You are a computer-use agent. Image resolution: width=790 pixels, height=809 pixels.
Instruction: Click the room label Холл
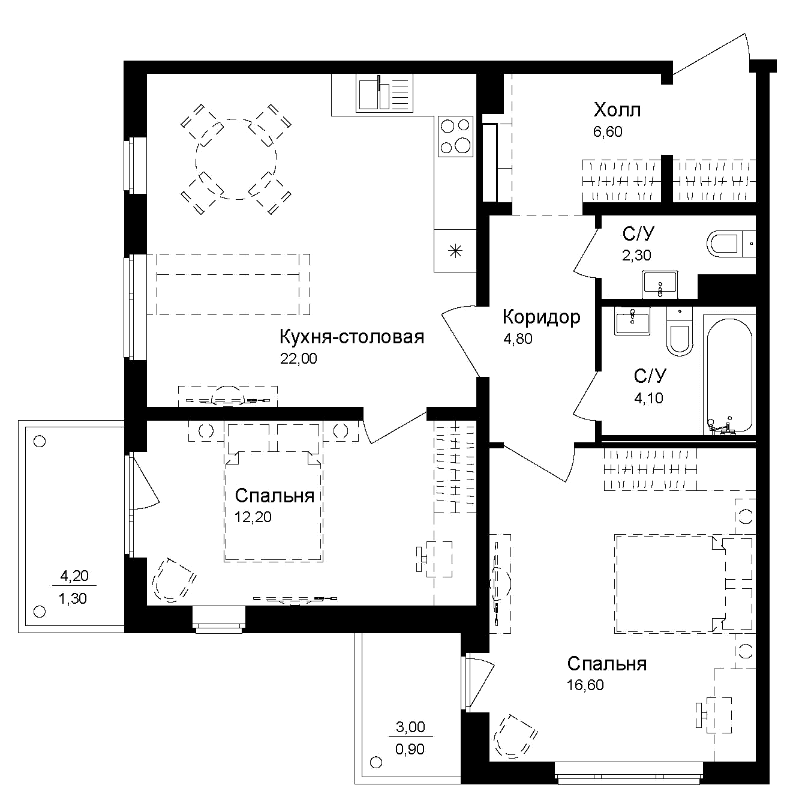[617, 110]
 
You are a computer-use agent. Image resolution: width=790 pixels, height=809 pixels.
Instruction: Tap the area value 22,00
[298, 358]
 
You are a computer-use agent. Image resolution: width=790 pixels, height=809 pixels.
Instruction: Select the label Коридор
[541, 317]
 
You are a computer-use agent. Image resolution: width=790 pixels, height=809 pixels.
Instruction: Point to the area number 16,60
[585, 685]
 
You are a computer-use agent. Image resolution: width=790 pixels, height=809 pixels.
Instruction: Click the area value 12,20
[253, 517]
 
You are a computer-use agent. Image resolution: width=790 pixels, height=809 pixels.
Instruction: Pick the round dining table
[236, 159]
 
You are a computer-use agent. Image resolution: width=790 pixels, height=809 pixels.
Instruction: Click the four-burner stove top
[455, 136]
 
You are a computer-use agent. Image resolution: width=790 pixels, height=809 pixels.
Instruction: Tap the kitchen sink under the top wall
[385, 93]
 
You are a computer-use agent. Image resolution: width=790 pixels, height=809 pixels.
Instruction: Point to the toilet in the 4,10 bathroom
[680, 331]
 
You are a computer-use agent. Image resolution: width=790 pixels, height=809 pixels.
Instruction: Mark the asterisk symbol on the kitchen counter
[455, 251]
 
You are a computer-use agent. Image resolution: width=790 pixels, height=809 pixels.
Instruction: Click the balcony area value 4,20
[75, 576]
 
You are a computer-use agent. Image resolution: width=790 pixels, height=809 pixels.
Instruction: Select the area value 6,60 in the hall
[608, 132]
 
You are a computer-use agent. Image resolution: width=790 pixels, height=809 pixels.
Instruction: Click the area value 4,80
[518, 339]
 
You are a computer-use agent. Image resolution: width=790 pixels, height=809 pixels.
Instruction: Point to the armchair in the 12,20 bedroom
[175, 580]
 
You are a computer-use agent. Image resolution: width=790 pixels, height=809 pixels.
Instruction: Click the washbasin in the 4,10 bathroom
[632, 320]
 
